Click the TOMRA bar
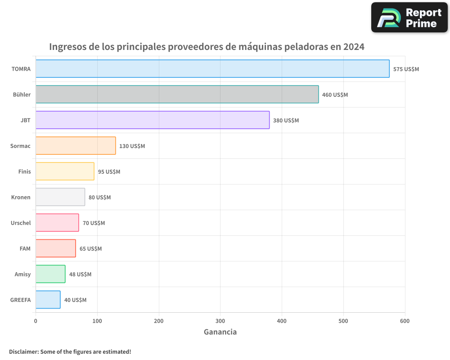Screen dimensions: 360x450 (x=212, y=69)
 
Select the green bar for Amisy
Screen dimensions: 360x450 (x=50, y=274)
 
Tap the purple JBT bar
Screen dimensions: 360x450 (x=153, y=120)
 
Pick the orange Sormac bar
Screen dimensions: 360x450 (x=76, y=146)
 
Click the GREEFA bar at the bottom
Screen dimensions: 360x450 (x=48, y=300)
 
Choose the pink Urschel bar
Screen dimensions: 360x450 (x=57, y=223)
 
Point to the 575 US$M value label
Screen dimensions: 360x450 (x=406, y=69)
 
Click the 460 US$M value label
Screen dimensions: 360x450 (x=335, y=95)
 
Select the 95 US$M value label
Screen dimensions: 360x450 (x=109, y=172)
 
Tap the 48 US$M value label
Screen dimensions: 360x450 (x=80, y=274)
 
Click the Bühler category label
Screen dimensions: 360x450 (x=22, y=94)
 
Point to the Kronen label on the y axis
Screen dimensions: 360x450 (x=21, y=197)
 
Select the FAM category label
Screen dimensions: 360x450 (x=25, y=248)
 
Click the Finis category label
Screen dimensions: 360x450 (x=24, y=171)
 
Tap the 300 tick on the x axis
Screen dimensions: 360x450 (x=220, y=321)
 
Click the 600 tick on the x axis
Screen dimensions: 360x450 (x=405, y=321)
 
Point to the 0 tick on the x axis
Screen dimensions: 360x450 (x=36, y=321)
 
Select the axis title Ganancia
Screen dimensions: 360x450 (x=220, y=332)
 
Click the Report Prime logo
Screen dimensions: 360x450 (x=409, y=18)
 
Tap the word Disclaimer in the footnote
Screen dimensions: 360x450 (x=23, y=352)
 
